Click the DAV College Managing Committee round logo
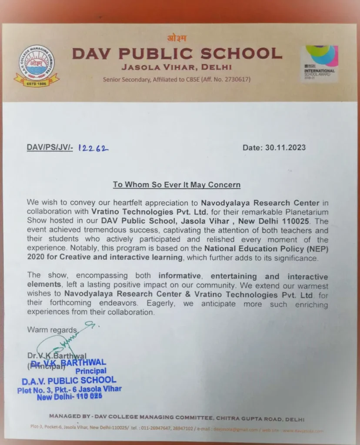tap(37, 65)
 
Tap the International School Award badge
tap(320, 63)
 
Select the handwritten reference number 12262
tap(93, 148)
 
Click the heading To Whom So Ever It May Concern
tap(177, 185)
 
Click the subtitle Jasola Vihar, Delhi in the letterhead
tap(177, 67)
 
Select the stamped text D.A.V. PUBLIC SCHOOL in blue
tap(69, 381)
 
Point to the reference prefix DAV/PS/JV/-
tap(50, 148)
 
